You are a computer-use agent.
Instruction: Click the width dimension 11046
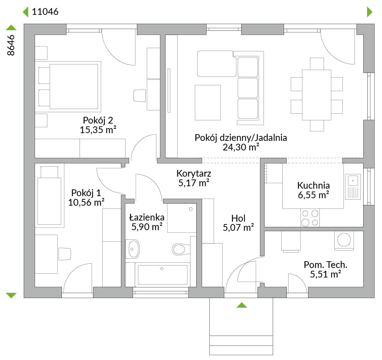tap(45, 12)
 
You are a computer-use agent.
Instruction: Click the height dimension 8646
tap(11, 45)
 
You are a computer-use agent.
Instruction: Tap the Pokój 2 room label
tap(98, 120)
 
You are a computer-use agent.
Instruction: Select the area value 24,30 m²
tap(241, 147)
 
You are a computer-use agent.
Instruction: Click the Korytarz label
tap(194, 173)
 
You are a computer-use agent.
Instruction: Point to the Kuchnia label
tap(313, 185)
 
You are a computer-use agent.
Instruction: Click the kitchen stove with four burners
tap(310, 218)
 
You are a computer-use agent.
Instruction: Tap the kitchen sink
tap(353, 187)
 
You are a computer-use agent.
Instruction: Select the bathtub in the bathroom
tap(162, 275)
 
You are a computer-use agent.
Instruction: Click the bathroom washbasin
tap(133, 249)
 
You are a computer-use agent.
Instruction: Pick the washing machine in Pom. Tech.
tap(344, 241)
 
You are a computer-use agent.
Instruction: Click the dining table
tap(317, 95)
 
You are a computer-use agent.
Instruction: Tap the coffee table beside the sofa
tap(208, 103)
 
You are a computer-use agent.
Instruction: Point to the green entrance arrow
tap(242, 305)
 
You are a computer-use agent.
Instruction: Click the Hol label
tap(238, 218)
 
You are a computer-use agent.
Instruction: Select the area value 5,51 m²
tap(325, 274)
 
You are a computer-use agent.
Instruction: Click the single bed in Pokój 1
tap(50, 196)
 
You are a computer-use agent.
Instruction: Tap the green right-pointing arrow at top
tap(370, 12)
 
